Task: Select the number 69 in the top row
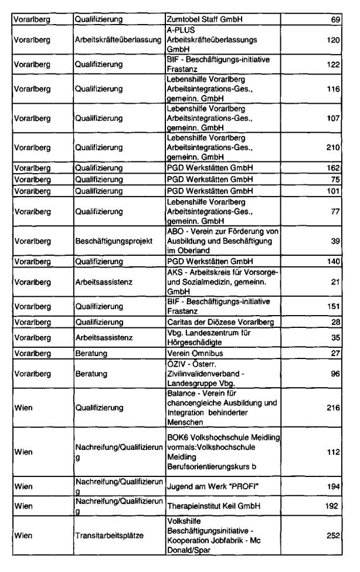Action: [x=336, y=19]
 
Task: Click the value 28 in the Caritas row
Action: [x=336, y=322]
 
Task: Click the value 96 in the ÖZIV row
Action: [x=336, y=374]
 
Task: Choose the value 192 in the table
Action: [x=334, y=505]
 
